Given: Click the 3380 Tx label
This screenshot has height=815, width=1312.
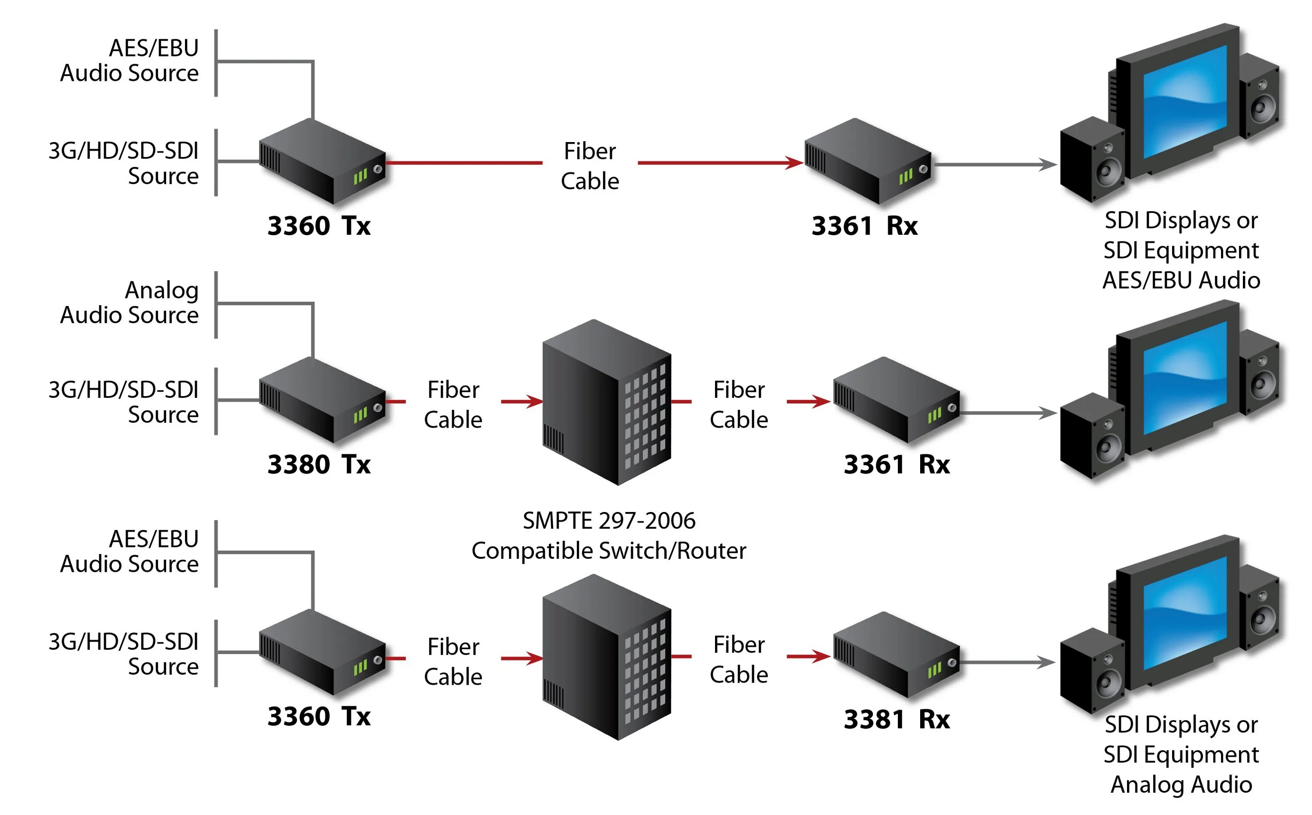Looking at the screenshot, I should tap(318, 465).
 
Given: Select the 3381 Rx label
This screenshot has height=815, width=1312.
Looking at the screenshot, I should tap(897, 720).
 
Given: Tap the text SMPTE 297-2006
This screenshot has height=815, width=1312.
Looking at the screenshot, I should tap(609, 521).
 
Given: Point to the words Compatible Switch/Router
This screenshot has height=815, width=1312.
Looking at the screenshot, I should tap(609, 551).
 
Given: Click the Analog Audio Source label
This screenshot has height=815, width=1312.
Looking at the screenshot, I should tap(129, 303).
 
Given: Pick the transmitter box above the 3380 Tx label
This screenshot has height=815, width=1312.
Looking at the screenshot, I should tap(322, 400).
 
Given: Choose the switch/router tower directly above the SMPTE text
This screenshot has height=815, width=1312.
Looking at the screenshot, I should tap(607, 402).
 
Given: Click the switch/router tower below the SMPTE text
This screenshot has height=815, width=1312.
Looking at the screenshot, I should tap(607, 657).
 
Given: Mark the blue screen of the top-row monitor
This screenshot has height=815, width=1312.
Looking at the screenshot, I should tap(1185, 102).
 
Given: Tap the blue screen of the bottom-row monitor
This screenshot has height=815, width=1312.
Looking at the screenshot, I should tap(1185, 614).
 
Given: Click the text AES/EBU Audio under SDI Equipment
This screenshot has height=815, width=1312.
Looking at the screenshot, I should tap(1181, 281).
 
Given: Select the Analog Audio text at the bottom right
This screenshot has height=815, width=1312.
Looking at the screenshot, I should tap(1181, 785).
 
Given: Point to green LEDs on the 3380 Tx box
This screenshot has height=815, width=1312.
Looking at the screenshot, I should tap(360, 415).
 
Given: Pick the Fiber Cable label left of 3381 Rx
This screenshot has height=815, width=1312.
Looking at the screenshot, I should tap(739, 660).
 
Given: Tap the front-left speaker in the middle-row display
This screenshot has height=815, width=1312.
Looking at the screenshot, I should tap(1092, 435).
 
